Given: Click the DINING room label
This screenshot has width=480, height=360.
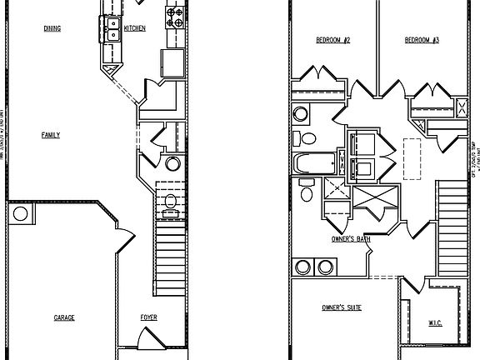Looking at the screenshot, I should coord(53,28).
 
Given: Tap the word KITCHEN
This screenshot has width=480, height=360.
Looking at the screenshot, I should coord(135,28).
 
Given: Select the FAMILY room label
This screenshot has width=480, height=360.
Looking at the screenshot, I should coord(51,134).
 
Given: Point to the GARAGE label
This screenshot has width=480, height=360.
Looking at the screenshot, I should coord(65,318).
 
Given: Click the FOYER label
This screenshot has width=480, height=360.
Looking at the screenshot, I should coord(148,318).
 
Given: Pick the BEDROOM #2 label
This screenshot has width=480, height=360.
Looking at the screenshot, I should coord(332,40).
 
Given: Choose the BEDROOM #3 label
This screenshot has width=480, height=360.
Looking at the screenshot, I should coord(422,40).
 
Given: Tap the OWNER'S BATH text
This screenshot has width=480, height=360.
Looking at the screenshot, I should coord(352,239).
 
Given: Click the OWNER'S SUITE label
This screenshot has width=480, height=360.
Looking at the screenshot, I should coord(342,308).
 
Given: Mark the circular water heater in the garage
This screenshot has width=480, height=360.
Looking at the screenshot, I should coord(20,214).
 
